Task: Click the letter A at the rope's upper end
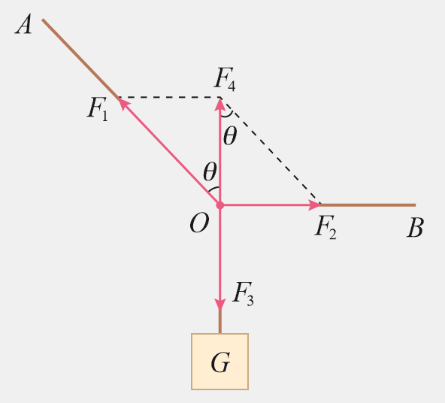coord(23,24)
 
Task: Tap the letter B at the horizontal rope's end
coord(416,227)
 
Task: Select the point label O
coord(199,223)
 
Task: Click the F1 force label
coord(98,109)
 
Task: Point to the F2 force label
coord(325,227)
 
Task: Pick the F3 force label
coord(243,294)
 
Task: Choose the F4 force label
coord(225,79)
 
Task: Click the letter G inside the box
coord(220,362)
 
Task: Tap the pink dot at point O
coord(220,205)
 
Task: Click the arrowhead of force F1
coord(123,102)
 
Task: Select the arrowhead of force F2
coord(314,205)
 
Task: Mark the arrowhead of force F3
coord(220,305)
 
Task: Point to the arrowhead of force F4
coord(220,104)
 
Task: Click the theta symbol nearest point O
coord(210,171)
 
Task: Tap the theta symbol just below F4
coord(230,136)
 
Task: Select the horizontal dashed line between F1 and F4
coord(169,97)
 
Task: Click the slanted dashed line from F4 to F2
coord(271,150)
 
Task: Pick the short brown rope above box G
coord(220,322)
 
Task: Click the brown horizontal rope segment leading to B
coord(368,205)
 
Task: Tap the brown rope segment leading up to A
coord(80,58)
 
